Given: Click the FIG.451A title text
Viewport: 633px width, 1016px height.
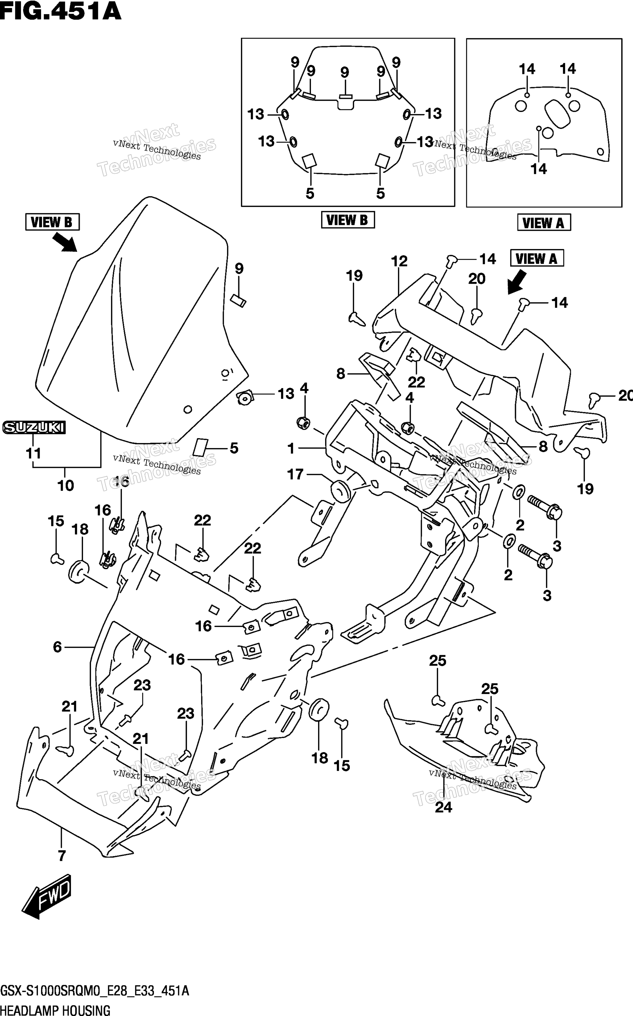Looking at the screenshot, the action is (61, 11).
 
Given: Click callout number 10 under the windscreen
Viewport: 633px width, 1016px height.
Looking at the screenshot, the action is (66, 485).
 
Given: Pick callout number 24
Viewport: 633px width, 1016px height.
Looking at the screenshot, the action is (443, 807).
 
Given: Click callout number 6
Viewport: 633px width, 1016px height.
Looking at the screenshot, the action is (57, 647).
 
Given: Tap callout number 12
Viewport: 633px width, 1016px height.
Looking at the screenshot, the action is (399, 261).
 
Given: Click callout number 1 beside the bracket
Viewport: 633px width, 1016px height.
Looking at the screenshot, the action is (291, 449).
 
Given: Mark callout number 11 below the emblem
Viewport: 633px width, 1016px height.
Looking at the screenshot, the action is (33, 453).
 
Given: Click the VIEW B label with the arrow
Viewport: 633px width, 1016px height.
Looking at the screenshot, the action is (52, 222).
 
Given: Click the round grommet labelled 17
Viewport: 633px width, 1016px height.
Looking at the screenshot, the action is (341, 491).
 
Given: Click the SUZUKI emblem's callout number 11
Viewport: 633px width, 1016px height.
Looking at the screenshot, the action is (33, 453).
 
